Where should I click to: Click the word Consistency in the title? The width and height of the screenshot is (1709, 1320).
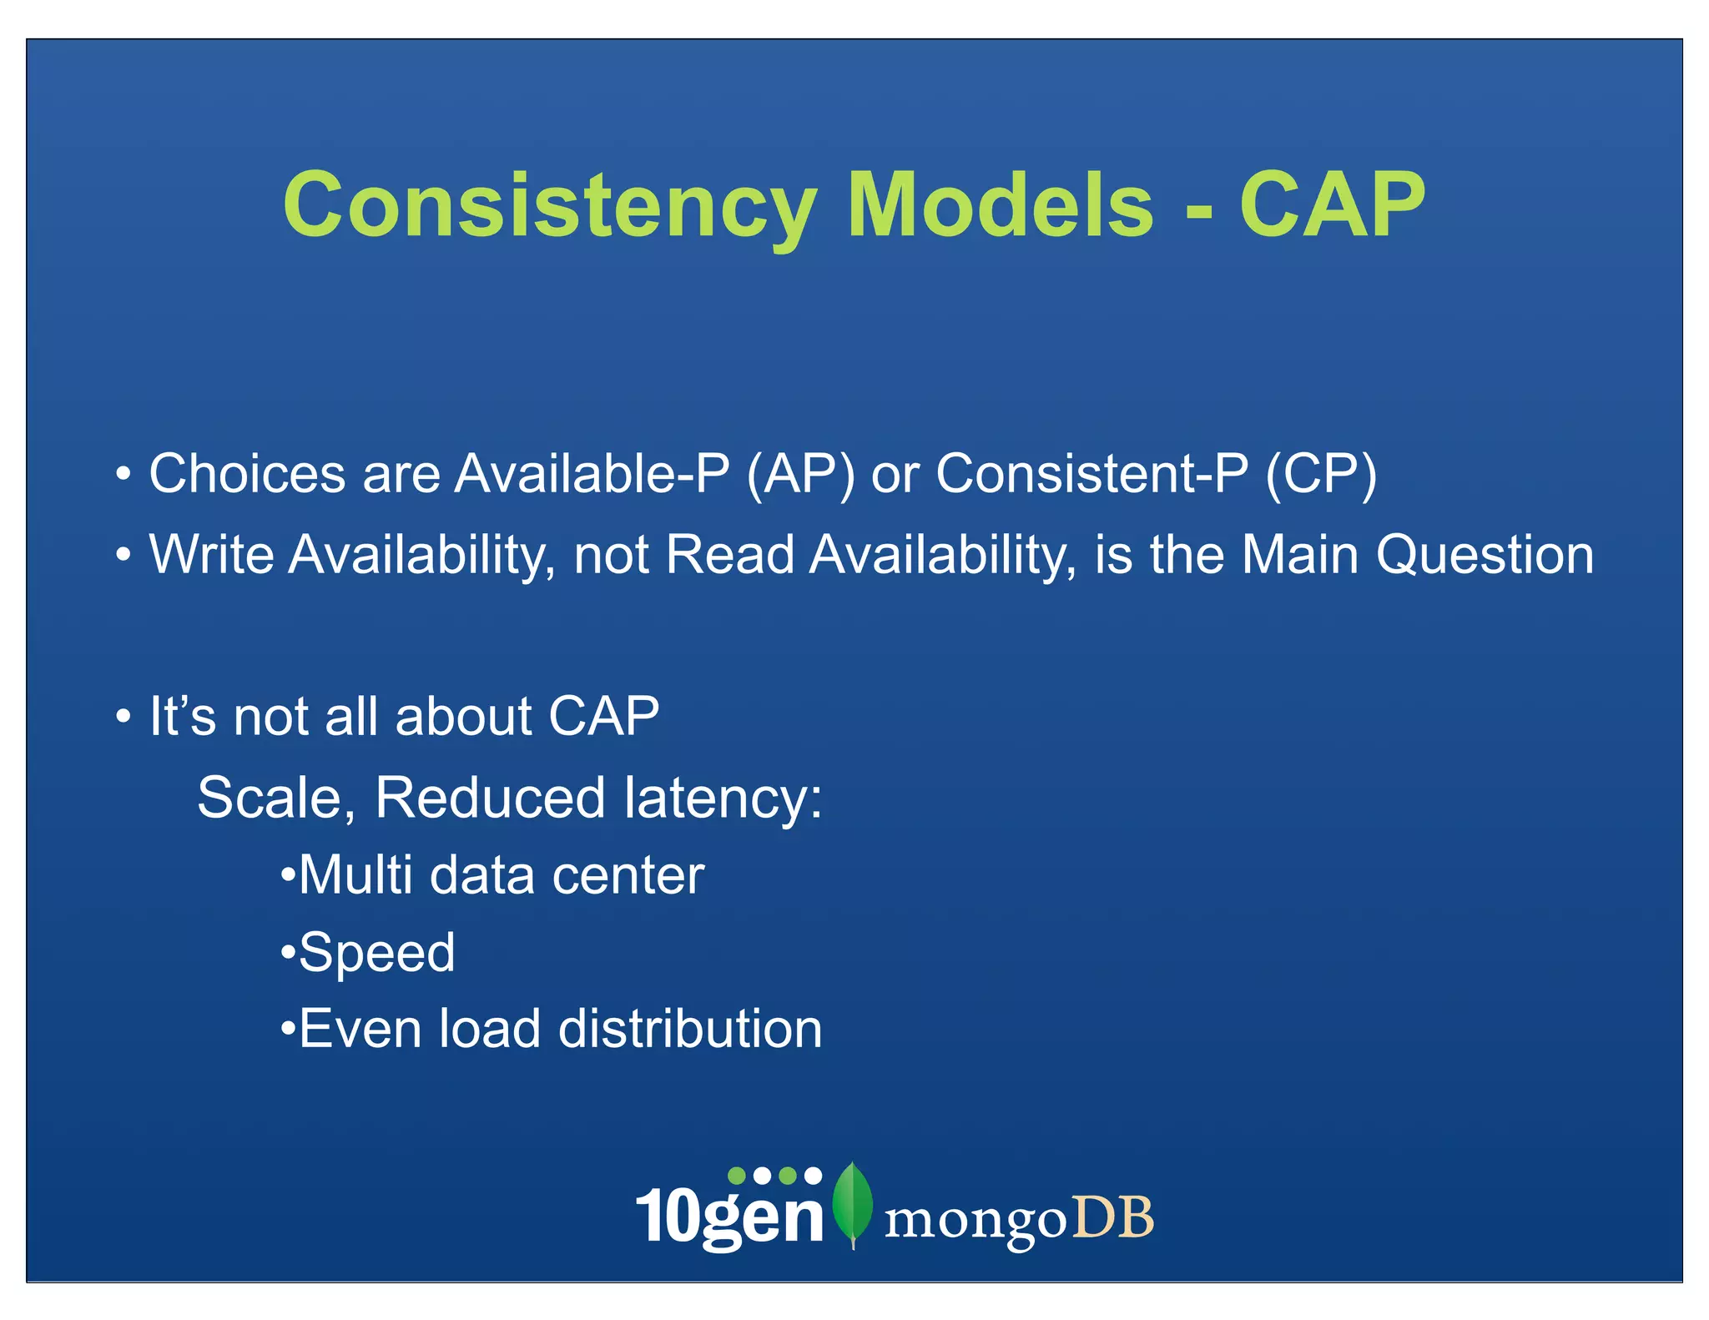pos(549,206)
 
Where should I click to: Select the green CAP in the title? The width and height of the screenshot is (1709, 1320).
pos(1332,206)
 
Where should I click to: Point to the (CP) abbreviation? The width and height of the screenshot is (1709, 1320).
pos(1321,475)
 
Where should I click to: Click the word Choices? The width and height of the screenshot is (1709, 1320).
pos(247,474)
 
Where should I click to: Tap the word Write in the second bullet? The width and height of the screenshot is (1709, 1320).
pos(212,555)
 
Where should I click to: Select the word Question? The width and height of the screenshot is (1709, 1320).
pos(1485,556)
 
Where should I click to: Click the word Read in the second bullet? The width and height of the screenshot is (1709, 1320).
pos(730,555)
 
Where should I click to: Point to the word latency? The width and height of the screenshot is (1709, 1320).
pos(723,798)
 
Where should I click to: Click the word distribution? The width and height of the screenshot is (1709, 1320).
pos(690,1029)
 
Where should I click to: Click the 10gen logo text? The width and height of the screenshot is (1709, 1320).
pos(730,1216)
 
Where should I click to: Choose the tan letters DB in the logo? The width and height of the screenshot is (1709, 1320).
pos(1113,1217)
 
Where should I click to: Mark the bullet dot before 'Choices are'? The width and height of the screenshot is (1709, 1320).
pos(124,474)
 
